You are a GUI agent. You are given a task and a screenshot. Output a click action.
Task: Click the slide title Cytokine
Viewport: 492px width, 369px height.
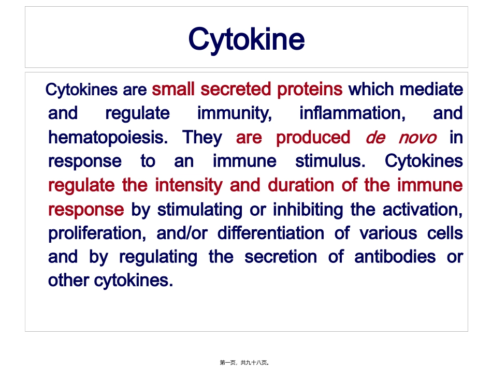coord(247,40)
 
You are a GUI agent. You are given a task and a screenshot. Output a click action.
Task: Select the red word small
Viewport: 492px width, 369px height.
coord(173,89)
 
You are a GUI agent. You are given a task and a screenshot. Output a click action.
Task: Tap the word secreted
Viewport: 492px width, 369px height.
coord(236,89)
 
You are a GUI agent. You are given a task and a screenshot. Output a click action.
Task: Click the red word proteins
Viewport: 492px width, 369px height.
coord(310,90)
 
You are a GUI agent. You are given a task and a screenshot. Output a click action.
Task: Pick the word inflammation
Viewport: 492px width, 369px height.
coord(352,113)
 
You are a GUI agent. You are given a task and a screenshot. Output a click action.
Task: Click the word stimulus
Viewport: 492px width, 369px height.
coord(330,161)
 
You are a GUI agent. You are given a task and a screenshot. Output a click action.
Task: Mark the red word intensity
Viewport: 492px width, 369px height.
coord(189,185)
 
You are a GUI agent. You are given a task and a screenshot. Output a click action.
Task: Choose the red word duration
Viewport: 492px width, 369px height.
coord(301,185)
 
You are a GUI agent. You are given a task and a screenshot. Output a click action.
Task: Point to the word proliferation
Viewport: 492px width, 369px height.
coord(97,233)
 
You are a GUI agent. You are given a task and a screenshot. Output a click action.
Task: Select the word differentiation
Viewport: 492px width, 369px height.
coord(271,233)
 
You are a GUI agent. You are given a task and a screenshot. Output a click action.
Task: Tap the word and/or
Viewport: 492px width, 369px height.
coord(182,233)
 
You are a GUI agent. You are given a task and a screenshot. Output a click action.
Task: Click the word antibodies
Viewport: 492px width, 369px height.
coord(395,257)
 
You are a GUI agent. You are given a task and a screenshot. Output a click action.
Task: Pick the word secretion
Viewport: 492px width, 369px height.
coord(281,257)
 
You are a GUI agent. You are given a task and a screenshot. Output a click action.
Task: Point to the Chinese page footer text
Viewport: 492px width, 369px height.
coord(244,363)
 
